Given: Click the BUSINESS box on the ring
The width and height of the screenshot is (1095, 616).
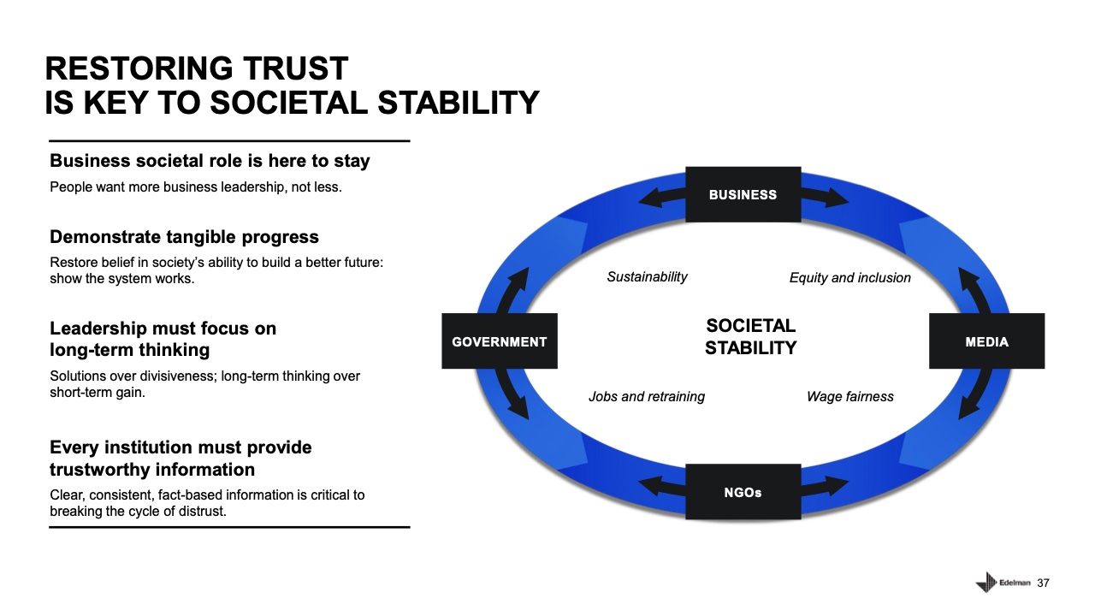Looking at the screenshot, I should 743,194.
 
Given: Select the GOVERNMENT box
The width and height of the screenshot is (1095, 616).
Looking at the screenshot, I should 499,341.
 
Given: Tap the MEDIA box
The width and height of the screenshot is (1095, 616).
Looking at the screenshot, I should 986,341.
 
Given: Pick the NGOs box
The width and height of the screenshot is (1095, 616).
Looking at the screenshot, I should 743,492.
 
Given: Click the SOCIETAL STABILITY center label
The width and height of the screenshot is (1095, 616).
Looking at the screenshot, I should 750,336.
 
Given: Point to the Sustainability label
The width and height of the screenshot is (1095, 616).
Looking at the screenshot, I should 647,276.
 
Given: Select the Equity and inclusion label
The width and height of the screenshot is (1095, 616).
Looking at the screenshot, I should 849,277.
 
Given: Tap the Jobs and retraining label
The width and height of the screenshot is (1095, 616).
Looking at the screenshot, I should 647,396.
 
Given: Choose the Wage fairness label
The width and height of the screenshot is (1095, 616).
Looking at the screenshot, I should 849,396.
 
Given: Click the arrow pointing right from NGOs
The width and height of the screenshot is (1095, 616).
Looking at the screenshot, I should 826,487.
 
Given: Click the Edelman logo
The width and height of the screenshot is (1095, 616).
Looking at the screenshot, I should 1003,583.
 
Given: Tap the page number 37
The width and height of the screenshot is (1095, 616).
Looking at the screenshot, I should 1043,583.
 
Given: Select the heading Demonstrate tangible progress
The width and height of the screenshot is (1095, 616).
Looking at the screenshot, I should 184,237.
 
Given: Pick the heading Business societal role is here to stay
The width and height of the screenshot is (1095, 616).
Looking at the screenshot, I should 210,161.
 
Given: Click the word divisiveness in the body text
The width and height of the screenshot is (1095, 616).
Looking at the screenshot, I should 180,376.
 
